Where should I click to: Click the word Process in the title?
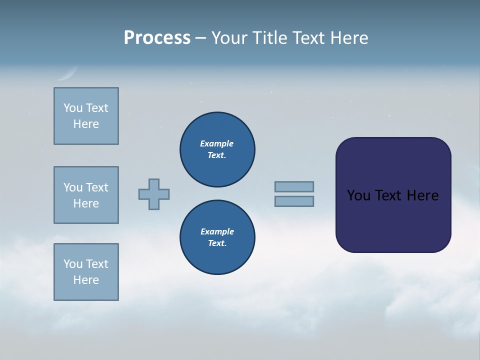pyautogui.click(x=157, y=38)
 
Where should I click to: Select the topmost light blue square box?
pyautogui.click(x=86, y=116)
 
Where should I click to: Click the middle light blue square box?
pyautogui.click(x=86, y=195)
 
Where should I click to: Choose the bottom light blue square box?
pyautogui.click(x=86, y=272)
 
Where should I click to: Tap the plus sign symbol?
pyautogui.click(x=154, y=194)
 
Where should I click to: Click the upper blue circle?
pyautogui.click(x=217, y=149)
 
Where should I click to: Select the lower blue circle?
pyautogui.click(x=217, y=237)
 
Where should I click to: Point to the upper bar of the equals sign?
pyautogui.click(x=294, y=186)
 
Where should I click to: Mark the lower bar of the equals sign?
pyautogui.click(x=294, y=201)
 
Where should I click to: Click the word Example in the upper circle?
pyautogui.click(x=217, y=143)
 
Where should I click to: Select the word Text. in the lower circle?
pyautogui.click(x=217, y=243)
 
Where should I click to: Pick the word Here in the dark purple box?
pyautogui.click(x=422, y=195)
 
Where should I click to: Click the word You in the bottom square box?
pyautogui.click(x=73, y=264)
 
